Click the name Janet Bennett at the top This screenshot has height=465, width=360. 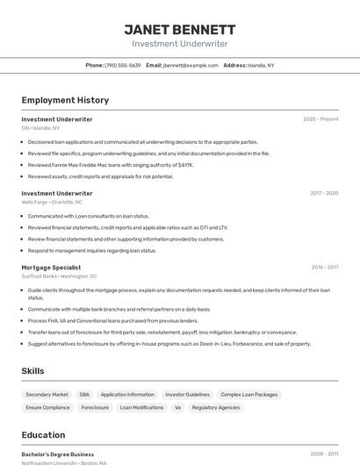180,29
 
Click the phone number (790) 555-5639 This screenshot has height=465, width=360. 122,65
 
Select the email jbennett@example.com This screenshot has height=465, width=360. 191,65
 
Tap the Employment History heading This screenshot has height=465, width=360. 65,100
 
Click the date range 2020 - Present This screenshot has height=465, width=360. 320,119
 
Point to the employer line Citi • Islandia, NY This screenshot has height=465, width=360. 40,128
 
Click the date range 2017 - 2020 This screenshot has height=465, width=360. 324,193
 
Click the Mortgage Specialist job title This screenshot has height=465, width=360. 51,268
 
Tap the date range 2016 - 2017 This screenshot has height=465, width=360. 325,268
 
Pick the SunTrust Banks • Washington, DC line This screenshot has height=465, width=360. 60,276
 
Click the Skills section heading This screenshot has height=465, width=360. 32,371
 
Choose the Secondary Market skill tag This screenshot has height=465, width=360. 47,395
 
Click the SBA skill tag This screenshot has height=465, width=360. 84,395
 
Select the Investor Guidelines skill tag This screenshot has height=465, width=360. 187,395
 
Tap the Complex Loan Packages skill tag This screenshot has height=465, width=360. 248,395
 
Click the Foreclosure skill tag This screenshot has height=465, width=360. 95,407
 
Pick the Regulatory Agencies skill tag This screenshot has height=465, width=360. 215,407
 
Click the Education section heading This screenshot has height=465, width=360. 43,435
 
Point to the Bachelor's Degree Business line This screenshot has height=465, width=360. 58,454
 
